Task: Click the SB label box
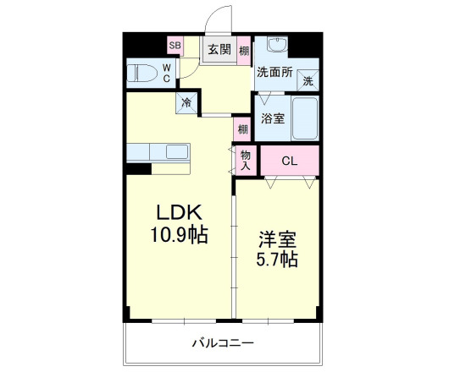click(175, 46)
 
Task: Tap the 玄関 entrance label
click(219, 49)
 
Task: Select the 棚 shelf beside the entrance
click(244, 50)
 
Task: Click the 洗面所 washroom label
click(275, 74)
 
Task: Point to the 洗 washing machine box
click(308, 81)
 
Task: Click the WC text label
click(166, 73)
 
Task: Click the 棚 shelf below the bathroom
click(243, 129)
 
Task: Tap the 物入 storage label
click(245, 160)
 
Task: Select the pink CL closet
click(290, 161)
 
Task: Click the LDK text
click(177, 211)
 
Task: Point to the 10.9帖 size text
click(177, 234)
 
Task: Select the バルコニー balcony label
click(223, 343)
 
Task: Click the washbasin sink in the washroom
click(277, 46)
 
